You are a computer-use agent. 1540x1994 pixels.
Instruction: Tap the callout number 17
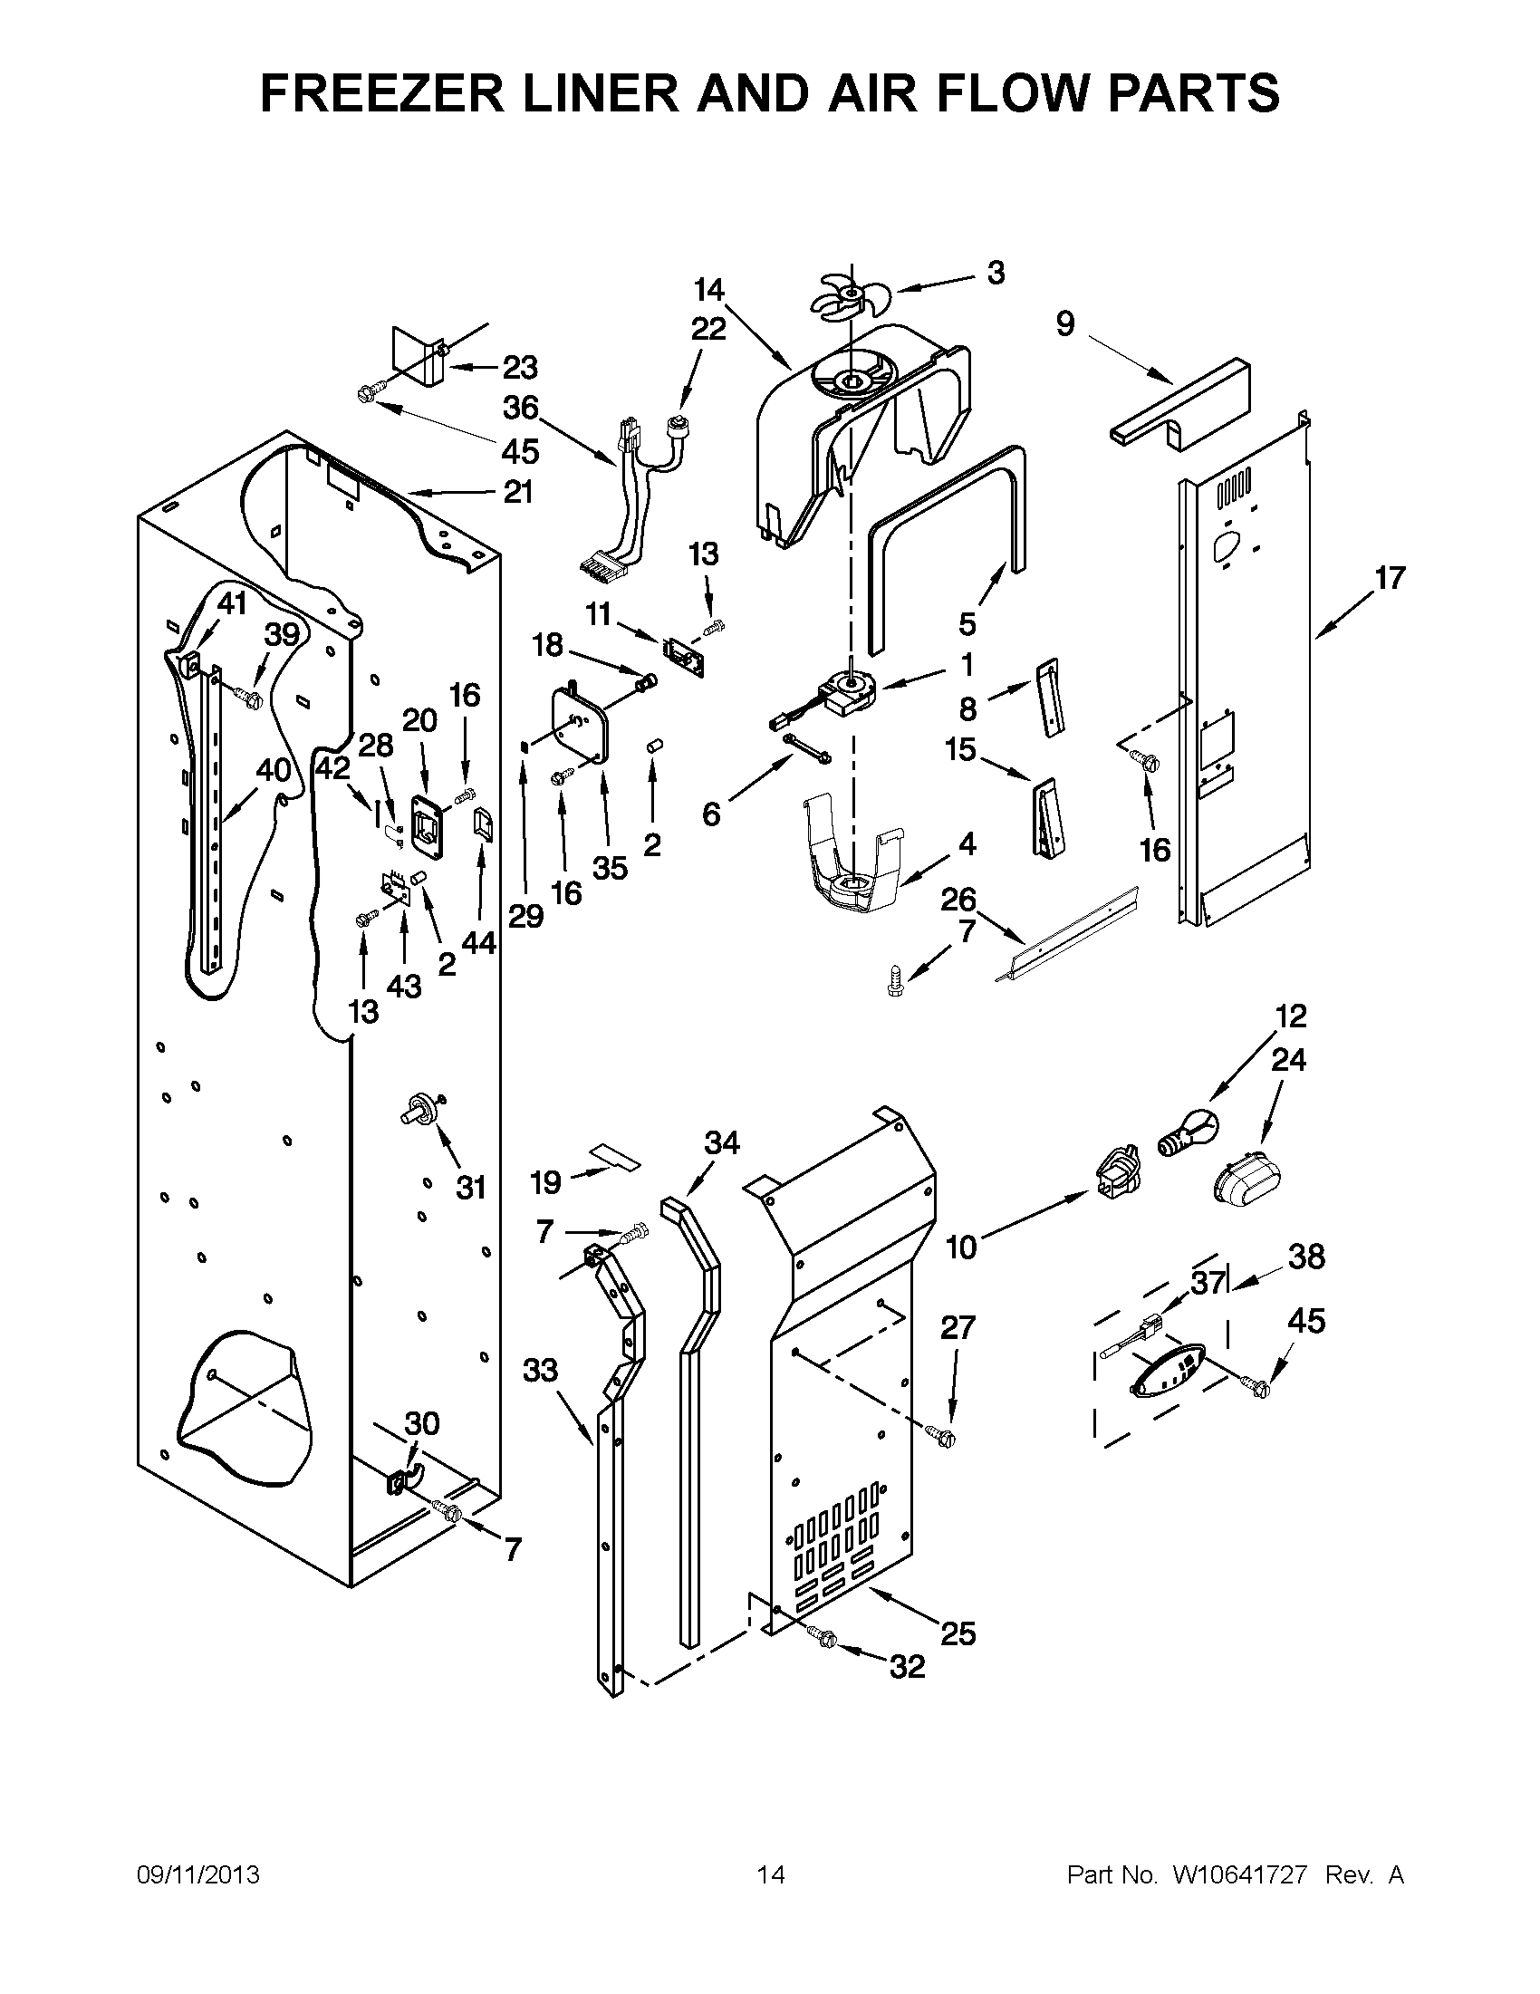coord(1390,578)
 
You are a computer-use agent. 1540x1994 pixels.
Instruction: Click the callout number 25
coord(958,1633)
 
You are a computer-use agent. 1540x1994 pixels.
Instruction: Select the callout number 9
coord(1066,324)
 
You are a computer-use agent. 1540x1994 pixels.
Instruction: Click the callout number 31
coord(471,1188)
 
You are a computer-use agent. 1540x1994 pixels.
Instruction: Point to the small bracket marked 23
coord(418,356)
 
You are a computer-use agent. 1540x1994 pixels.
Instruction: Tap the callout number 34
coord(722,1142)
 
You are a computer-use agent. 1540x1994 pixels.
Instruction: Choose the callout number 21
coord(517,492)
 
